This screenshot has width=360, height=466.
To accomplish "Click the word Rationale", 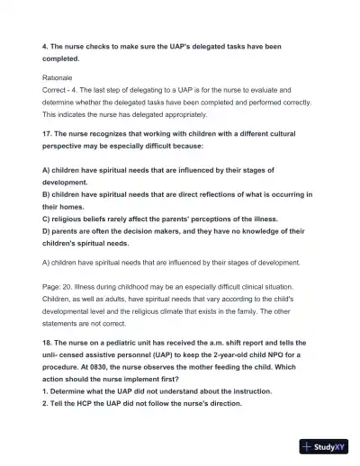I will pos(58,78).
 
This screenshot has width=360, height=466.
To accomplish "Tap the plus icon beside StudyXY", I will pos(308,445).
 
